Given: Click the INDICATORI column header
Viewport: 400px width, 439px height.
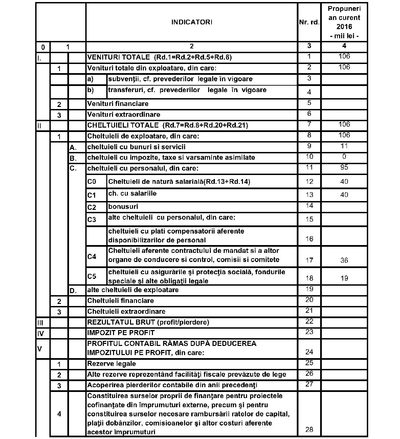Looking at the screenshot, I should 192,22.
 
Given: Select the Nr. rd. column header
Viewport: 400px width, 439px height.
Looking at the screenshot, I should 309,22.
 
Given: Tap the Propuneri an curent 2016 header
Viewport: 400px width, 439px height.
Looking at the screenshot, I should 344,22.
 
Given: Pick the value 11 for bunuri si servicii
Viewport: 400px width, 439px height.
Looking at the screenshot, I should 344,146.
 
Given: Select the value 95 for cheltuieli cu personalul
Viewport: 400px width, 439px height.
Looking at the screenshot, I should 344,167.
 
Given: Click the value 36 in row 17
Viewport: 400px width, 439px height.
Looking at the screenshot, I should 344,260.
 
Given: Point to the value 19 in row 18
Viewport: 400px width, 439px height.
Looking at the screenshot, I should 344,278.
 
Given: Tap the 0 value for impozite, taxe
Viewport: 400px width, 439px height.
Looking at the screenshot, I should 344,157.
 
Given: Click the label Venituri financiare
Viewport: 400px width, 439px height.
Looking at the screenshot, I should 118,104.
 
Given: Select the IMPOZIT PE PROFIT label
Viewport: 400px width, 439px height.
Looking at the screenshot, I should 121,333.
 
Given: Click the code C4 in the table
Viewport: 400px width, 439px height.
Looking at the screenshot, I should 92,257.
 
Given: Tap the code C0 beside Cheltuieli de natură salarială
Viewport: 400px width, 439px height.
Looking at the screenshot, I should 92,182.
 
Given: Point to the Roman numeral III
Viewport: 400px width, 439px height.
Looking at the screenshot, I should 40,323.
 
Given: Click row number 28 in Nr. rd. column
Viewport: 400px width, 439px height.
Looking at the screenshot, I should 309,430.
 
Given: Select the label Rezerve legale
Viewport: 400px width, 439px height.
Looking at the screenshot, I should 112,364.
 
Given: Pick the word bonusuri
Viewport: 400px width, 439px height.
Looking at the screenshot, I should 123,206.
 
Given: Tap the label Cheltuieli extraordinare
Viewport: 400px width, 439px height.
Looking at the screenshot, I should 126,311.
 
